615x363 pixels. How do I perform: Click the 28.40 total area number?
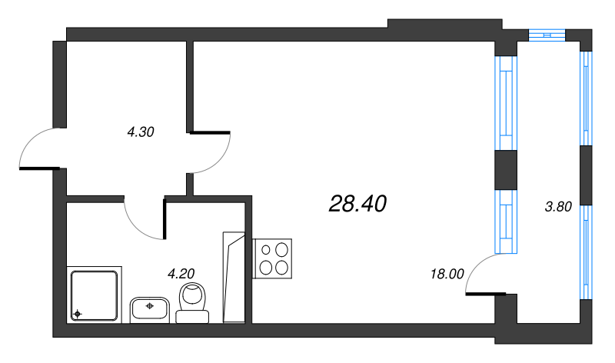click(x=357, y=204)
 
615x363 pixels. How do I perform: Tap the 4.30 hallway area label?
click(x=141, y=132)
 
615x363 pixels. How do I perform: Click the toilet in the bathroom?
click(x=192, y=301)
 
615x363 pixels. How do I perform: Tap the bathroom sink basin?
click(x=150, y=309)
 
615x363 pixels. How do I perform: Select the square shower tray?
click(x=95, y=295)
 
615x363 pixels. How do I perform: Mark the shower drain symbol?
click(x=76, y=314)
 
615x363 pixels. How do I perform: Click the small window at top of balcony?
click(x=547, y=33)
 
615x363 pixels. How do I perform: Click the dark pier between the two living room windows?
click(x=506, y=170)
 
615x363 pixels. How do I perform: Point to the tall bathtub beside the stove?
click(x=233, y=277)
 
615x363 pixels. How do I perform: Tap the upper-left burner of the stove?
click(x=267, y=249)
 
